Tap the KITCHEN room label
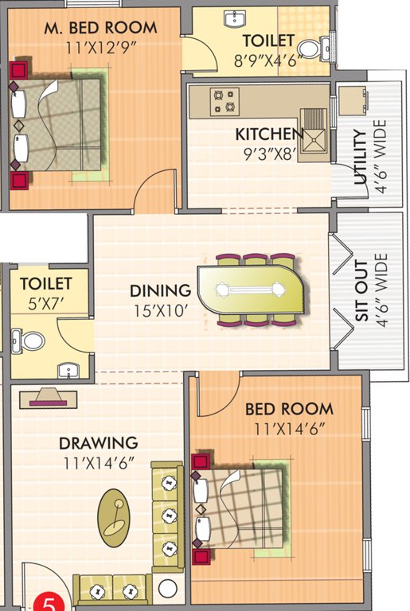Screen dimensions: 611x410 click(x=269, y=133)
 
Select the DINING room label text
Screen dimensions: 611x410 click(x=160, y=290)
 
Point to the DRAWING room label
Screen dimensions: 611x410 click(x=97, y=443)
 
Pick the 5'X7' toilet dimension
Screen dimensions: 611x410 click(x=46, y=303)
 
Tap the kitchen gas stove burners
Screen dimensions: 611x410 click(x=224, y=100)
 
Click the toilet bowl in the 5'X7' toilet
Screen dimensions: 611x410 click(x=33, y=341)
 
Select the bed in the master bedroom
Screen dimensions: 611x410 click(x=57, y=124)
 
